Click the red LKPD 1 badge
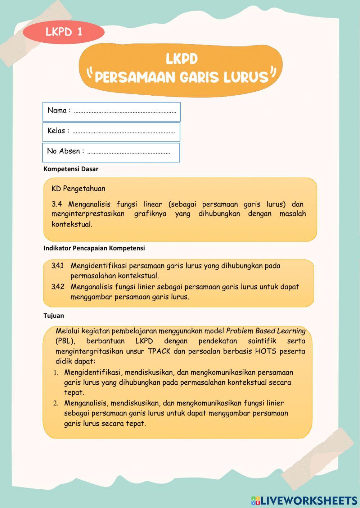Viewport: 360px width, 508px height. click(64, 32)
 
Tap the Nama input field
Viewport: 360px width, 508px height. click(125, 111)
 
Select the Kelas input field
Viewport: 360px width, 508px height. click(123, 132)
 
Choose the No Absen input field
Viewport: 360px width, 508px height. click(128, 152)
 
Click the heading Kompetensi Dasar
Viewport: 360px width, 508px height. click(71, 169)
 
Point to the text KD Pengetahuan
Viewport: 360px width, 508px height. click(78, 188)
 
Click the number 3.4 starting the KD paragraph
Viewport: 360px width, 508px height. click(57, 204)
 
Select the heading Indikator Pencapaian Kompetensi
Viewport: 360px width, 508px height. click(94, 248)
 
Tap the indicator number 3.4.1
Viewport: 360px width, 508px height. click(58, 266)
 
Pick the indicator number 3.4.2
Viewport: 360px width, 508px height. click(58, 287)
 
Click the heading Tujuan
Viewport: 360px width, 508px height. click(54, 316)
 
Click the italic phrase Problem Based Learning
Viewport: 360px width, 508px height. click(266, 331)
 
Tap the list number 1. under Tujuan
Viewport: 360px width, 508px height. click(56, 372)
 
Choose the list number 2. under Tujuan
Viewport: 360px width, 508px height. click(56, 403)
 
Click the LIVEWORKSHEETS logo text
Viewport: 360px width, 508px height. click(308, 500)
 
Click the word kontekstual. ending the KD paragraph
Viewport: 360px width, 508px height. click(72, 224)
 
